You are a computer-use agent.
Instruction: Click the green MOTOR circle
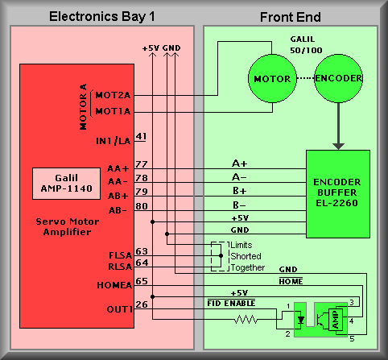[x=272, y=78]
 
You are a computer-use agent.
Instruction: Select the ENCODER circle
[x=338, y=78]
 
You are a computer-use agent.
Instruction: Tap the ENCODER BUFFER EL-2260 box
[x=338, y=194]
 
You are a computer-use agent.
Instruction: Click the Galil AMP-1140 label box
[x=66, y=184]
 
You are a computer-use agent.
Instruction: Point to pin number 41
[x=141, y=136]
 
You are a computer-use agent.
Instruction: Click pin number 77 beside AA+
[x=142, y=164]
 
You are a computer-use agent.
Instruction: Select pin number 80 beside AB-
[x=142, y=206]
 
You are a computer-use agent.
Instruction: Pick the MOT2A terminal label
[x=113, y=95]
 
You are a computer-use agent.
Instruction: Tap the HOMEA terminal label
[x=114, y=285]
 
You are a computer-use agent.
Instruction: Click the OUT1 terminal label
[x=120, y=309]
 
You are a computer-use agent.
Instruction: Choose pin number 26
[x=142, y=304]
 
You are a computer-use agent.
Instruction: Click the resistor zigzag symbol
[x=246, y=319]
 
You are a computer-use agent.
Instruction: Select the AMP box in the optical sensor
[x=336, y=320]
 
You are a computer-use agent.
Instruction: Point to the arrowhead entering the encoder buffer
[x=338, y=147]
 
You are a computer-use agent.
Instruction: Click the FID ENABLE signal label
[x=231, y=303]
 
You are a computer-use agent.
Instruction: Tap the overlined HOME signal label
[x=291, y=281]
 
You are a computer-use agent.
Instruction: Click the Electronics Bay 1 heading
[x=102, y=17]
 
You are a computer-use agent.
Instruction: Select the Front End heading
[x=291, y=17]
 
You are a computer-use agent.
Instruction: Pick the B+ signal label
[x=239, y=191]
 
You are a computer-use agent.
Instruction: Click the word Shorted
[x=246, y=256]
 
